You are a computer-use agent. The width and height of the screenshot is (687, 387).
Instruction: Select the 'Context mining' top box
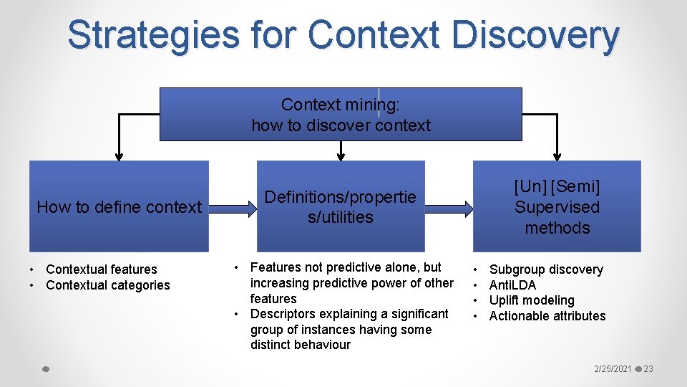click(341, 115)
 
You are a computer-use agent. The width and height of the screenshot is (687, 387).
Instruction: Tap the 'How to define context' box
click(119, 207)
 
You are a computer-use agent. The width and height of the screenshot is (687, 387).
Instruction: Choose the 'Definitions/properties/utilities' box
click(341, 207)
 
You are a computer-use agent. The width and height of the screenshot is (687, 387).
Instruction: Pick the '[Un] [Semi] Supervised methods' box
click(557, 207)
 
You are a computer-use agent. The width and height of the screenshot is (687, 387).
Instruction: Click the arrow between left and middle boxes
click(232, 209)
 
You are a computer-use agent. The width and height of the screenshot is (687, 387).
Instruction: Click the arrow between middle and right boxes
click(448, 209)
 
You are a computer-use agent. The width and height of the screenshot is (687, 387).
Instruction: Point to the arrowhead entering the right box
click(557, 155)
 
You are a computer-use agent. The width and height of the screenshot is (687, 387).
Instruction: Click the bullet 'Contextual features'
click(101, 269)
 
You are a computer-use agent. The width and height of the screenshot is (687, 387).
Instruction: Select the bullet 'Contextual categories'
click(107, 285)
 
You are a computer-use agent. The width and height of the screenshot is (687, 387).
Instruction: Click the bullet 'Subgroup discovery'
click(545, 269)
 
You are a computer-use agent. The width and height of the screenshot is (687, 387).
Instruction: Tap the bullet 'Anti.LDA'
click(512, 285)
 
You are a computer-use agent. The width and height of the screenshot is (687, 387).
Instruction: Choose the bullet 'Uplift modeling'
click(531, 300)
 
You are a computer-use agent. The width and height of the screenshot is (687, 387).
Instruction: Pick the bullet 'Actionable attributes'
click(547, 316)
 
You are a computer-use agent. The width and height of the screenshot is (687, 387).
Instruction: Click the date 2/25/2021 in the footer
click(613, 369)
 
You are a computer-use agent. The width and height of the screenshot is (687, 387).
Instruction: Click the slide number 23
click(648, 369)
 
